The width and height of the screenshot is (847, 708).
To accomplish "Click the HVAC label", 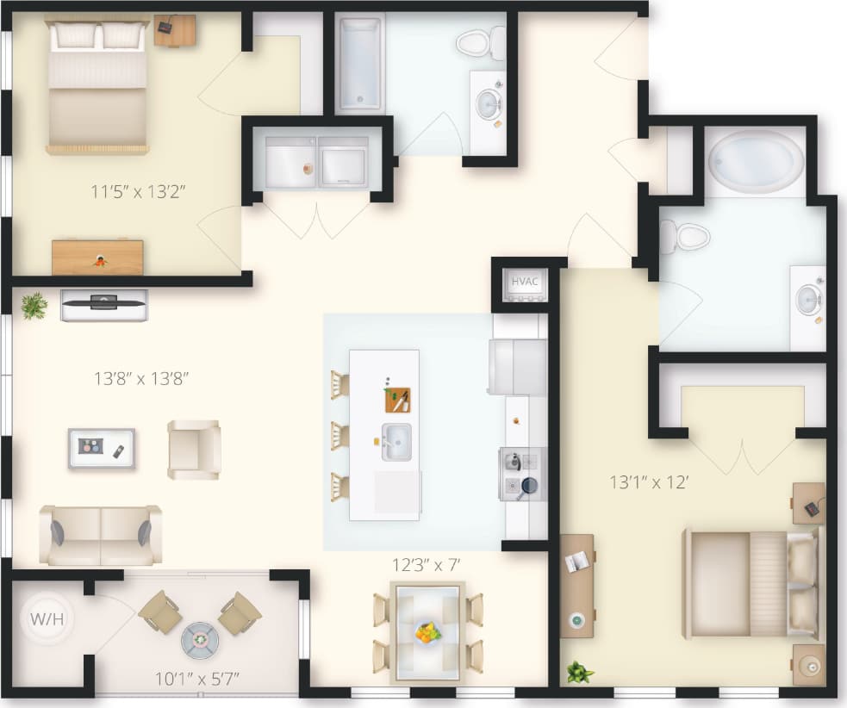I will click(524, 282).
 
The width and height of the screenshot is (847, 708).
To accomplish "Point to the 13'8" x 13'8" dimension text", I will click(140, 377).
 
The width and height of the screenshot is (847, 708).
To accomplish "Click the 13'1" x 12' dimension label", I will click(647, 482).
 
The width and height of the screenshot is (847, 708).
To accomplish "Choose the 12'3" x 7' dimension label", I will click(427, 565).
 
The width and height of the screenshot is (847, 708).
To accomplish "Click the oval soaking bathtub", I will click(755, 160).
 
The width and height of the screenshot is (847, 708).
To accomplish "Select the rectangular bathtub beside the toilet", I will click(359, 64).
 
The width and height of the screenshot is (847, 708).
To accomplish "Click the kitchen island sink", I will click(396, 442).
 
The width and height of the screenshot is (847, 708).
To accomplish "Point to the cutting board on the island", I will click(397, 400).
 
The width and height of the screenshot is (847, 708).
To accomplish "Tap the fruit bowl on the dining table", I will click(427, 633).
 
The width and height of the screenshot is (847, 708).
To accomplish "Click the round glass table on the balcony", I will click(200, 639).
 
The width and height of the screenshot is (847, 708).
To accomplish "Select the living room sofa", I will click(100, 534).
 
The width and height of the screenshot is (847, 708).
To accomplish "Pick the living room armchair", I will click(194, 449).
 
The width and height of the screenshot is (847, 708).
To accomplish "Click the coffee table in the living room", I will click(102, 448).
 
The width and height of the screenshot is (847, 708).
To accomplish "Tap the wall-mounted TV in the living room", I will click(104, 302).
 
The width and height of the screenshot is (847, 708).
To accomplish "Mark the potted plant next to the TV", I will click(34, 305).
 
